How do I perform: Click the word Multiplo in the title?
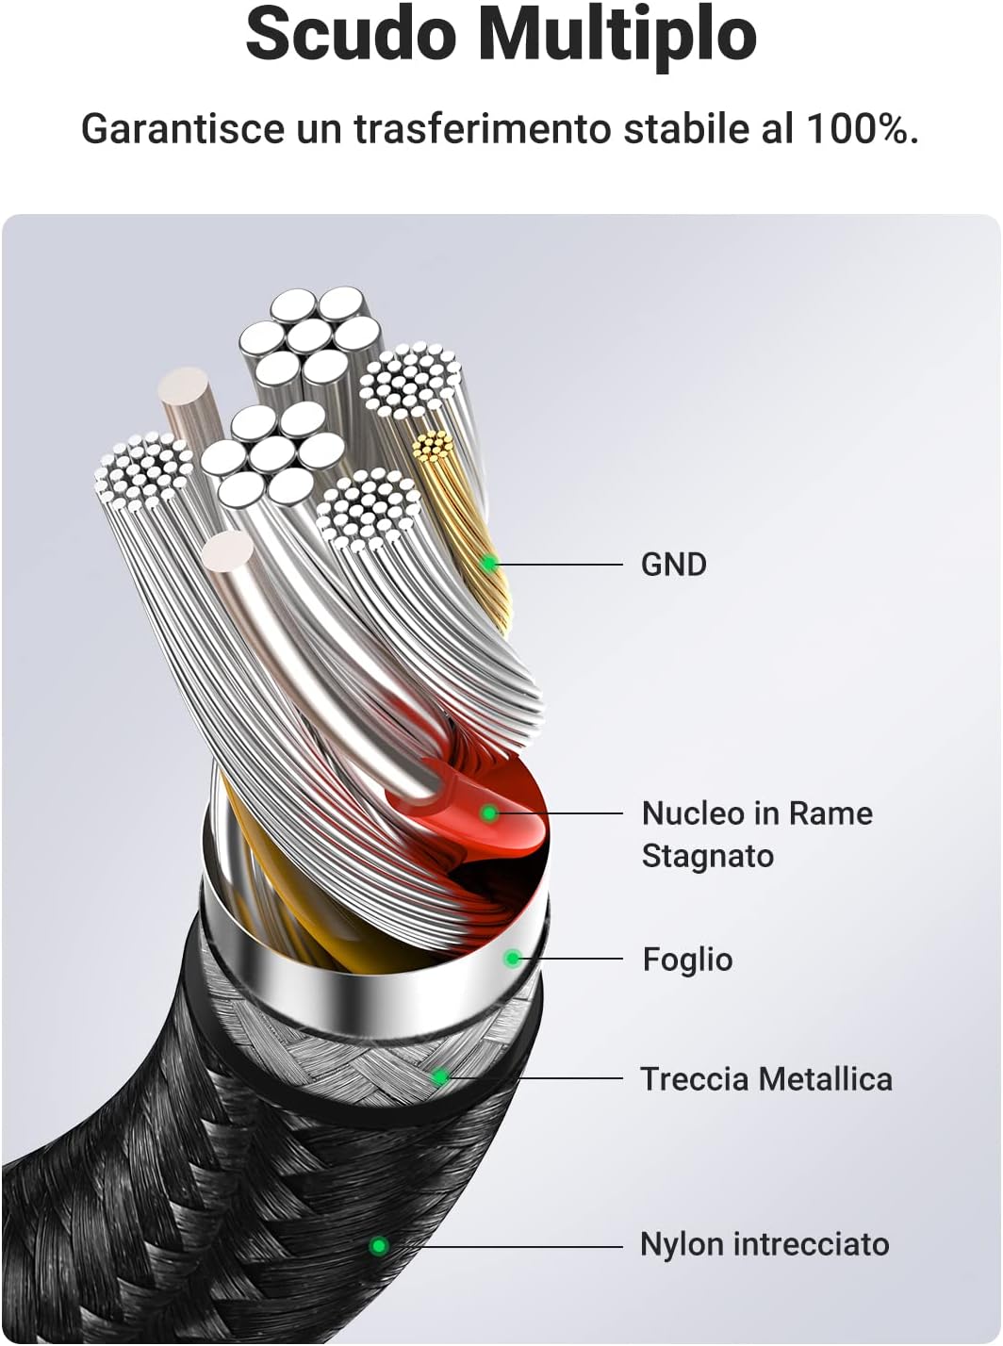[617, 36]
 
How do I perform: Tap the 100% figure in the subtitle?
[861, 129]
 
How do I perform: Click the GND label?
[673, 565]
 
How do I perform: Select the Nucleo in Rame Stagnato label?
[756, 834]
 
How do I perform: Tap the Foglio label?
[687, 960]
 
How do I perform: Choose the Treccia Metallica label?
[765, 1079]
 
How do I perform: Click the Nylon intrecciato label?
[764, 1244]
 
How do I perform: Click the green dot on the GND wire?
[489, 565]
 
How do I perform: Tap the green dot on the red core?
[488, 813]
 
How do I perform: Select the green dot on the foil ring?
[512, 959]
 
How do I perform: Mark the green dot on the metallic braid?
[439, 1076]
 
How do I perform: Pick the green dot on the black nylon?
[378, 1246]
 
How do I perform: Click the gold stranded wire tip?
[434, 447]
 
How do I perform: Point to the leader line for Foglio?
[570, 959]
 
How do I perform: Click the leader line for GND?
[561, 565]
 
